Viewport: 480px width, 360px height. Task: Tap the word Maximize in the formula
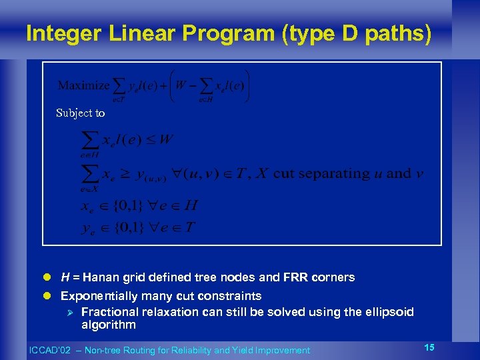84,85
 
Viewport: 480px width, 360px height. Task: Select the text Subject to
80,113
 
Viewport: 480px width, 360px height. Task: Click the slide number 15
429,347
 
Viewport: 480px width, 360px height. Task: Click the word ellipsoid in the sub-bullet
391,312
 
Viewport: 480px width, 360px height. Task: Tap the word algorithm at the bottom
108,325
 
